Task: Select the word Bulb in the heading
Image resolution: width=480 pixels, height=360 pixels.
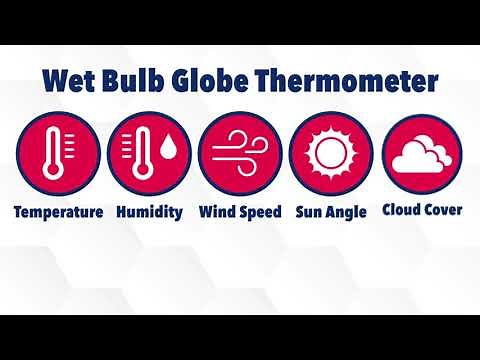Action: click(x=136, y=79)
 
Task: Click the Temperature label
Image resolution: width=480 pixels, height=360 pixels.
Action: click(x=58, y=212)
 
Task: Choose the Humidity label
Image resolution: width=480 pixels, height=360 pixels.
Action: click(x=149, y=212)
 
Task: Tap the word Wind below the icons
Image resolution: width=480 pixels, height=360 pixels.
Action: click(x=217, y=212)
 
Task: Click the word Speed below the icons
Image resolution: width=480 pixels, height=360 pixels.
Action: click(x=260, y=212)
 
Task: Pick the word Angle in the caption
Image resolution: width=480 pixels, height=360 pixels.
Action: click(x=345, y=212)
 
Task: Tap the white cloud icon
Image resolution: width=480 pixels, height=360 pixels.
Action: click(x=423, y=156)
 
